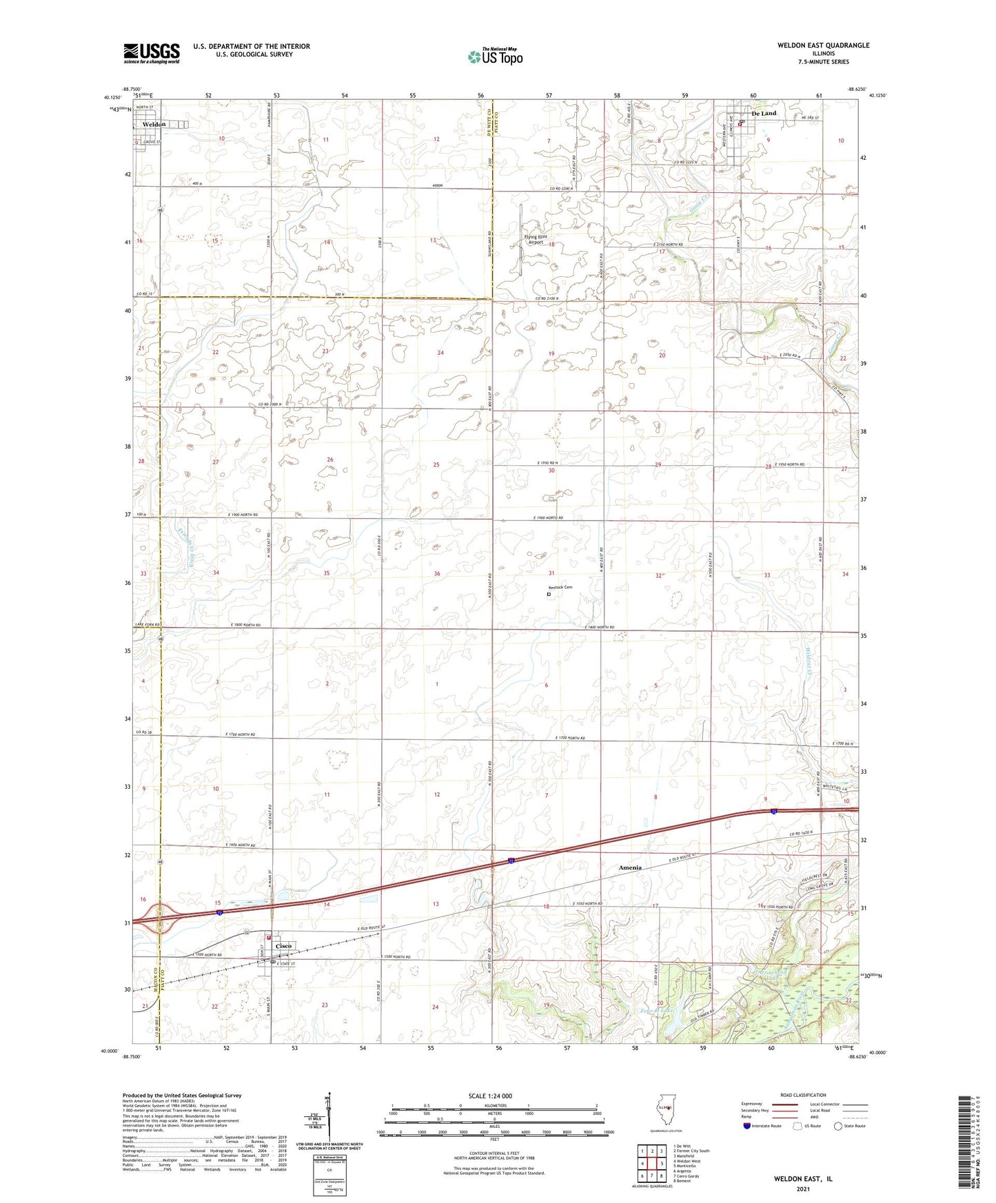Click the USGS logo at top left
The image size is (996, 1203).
pyautogui.click(x=152, y=52)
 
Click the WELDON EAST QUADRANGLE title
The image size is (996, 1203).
pyautogui.click(x=813, y=45)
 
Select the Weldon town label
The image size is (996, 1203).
pyautogui.click(x=154, y=124)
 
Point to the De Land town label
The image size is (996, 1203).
pyautogui.click(x=764, y=113)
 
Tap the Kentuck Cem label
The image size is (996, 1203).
pyautogui.click(x=560, y=588)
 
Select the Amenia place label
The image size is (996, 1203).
pyautogui.click(x=629, y=867)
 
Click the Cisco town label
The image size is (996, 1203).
pyautogui.click(x=284, y=946)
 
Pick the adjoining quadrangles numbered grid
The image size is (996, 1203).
pyautogui.click(x=652, y=1165)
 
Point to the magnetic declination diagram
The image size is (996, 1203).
pyautogui.click(x=329, y=1120)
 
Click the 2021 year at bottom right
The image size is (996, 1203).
pyautogui.click(x=802, y=1189)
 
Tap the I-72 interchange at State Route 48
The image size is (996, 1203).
pyautogui.click(x=160, y=918)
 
